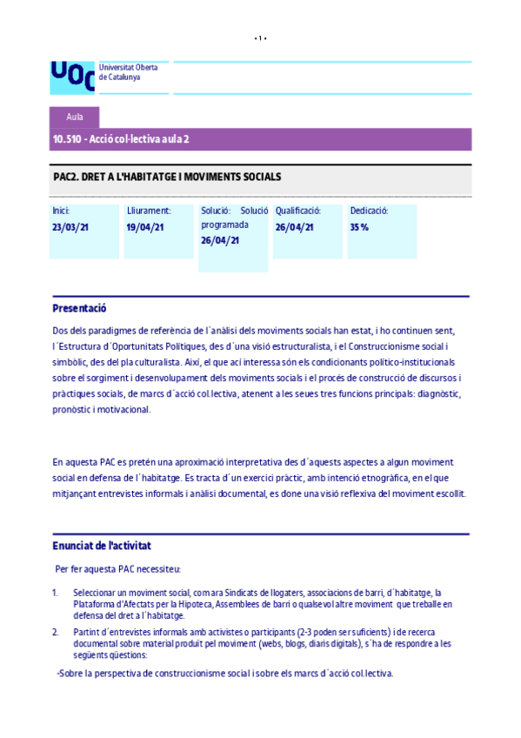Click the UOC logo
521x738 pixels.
[71, 75]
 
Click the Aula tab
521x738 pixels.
[75, 117]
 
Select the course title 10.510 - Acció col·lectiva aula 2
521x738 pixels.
[121, 139]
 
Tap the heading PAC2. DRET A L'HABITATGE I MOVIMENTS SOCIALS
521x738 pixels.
[167, 177]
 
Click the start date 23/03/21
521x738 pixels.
[71, 227]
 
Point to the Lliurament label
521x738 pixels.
[149, 211]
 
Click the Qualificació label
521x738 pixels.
[298, 211]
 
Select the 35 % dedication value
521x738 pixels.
[359, 227]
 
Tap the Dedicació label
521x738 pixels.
[369, 211]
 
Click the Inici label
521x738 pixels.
[61, 211]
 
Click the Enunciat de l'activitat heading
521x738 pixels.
[102, 546]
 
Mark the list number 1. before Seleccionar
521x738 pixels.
[55, 593]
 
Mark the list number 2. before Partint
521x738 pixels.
[55, 632]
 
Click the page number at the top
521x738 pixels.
[260, 38]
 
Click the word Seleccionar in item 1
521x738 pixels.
[97, 593]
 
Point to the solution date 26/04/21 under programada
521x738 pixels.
[220, 240]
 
